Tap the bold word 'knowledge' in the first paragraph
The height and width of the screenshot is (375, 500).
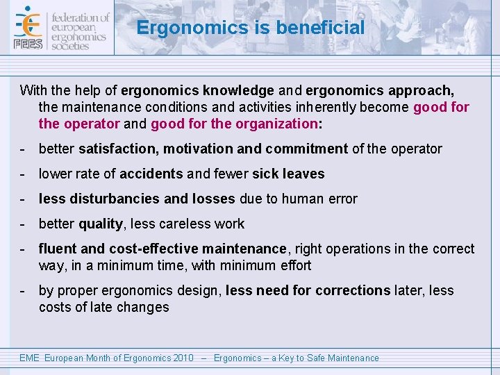pos(240,90)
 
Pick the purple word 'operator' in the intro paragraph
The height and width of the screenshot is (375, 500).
pos(91,124)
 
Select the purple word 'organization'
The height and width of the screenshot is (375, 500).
pos(275,124)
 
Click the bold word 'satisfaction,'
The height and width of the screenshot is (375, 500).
pos(119,149)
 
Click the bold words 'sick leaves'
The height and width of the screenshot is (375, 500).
pos(288,174)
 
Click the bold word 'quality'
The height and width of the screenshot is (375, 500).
pos(100,224)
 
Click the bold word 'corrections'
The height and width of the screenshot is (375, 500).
pos(352,290)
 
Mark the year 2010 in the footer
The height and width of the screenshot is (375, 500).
pos(183,358)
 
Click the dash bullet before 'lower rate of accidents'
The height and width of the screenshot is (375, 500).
pos(24,174)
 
